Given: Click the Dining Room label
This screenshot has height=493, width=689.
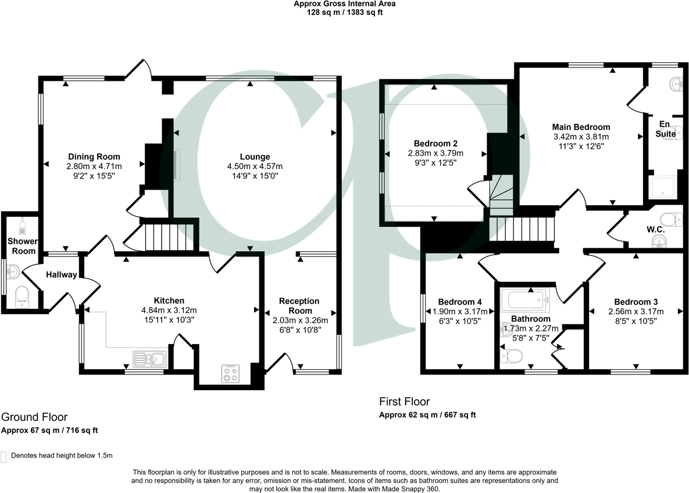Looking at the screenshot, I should pyautogui.click(x=94, y=156).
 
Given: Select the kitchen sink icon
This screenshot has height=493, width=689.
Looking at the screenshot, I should pyautogui.click(x=149, y=359).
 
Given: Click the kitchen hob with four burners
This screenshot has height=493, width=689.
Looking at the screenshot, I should pyautogui.click(x=230, y=373).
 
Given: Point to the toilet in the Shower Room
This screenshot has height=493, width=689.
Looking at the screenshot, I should pyautogui.click(x=22, y=296).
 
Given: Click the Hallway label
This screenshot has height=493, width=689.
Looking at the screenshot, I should pyautogui.click(x=62, y=274).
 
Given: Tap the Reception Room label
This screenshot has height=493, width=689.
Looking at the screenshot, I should pyautogui.click(x=299, y=306).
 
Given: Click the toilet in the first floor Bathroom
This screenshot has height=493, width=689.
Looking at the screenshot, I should pyautogui.click(x=512, y=355).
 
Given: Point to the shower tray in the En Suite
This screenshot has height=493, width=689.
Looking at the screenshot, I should pyautogui.click(x=662, y=188).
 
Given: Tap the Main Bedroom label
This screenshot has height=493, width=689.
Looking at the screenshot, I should pyautogui.click(x=581, y=127).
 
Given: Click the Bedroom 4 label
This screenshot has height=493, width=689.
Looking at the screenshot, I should pyautogui.click(x=459, y=302).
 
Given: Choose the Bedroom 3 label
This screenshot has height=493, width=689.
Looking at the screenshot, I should pyautogui.click(x=636, y=302).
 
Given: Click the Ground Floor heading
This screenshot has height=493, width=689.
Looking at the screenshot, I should pyautogui.click(x=34, y=417).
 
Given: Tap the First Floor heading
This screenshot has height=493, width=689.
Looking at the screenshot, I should pyautogui.click(x=404, y=401).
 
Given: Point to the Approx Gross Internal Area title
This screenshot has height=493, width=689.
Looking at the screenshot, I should pyautogui.click(x=344, y=3).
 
